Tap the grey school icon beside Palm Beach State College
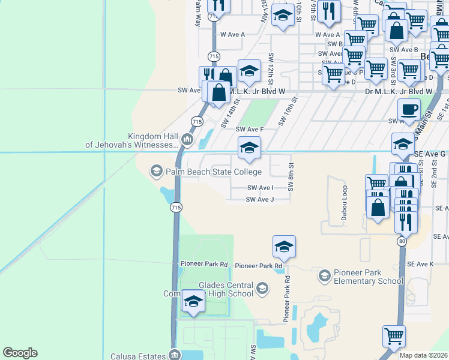[157, 172]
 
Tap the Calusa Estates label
[142, 355]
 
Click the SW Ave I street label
[261, 187]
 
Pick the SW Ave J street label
[260, 199]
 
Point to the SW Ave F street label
[250, 129]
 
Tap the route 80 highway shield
[400, 241]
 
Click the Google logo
[20, 353]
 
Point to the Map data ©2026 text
[423, 355]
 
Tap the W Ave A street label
[233, 34]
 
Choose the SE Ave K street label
[420, 264]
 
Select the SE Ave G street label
[430, 154]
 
